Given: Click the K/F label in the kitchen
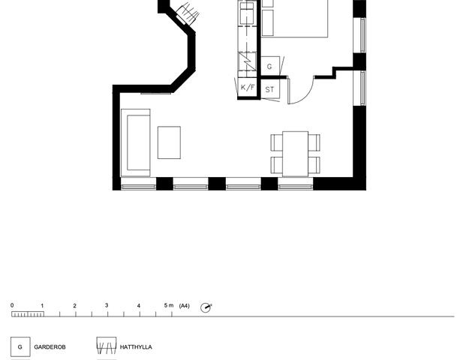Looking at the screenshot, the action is point(248,87).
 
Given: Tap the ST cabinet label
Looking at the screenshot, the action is point(269,89).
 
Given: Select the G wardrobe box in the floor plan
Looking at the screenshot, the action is point(270,66).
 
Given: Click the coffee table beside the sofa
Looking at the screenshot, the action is point(169,142).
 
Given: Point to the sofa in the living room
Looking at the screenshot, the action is point(136,142).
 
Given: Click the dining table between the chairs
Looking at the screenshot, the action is point(295,154).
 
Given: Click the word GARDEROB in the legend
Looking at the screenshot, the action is point(50,347).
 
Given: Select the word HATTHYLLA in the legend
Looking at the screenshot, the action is point(136,347).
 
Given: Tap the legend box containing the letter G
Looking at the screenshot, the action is point(20,346).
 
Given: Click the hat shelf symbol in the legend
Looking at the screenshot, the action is point(107,346).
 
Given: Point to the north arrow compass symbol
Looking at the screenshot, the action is point(206,307).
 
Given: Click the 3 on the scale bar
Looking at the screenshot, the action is point(107,305).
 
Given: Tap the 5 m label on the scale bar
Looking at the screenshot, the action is point(169,305).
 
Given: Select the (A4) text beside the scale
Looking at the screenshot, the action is point(185,306).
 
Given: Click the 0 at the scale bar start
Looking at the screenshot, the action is point(12,305).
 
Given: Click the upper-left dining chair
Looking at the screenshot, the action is point(277,142).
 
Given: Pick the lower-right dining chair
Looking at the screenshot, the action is point(314,165).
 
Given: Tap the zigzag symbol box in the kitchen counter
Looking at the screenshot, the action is point(247,61).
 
